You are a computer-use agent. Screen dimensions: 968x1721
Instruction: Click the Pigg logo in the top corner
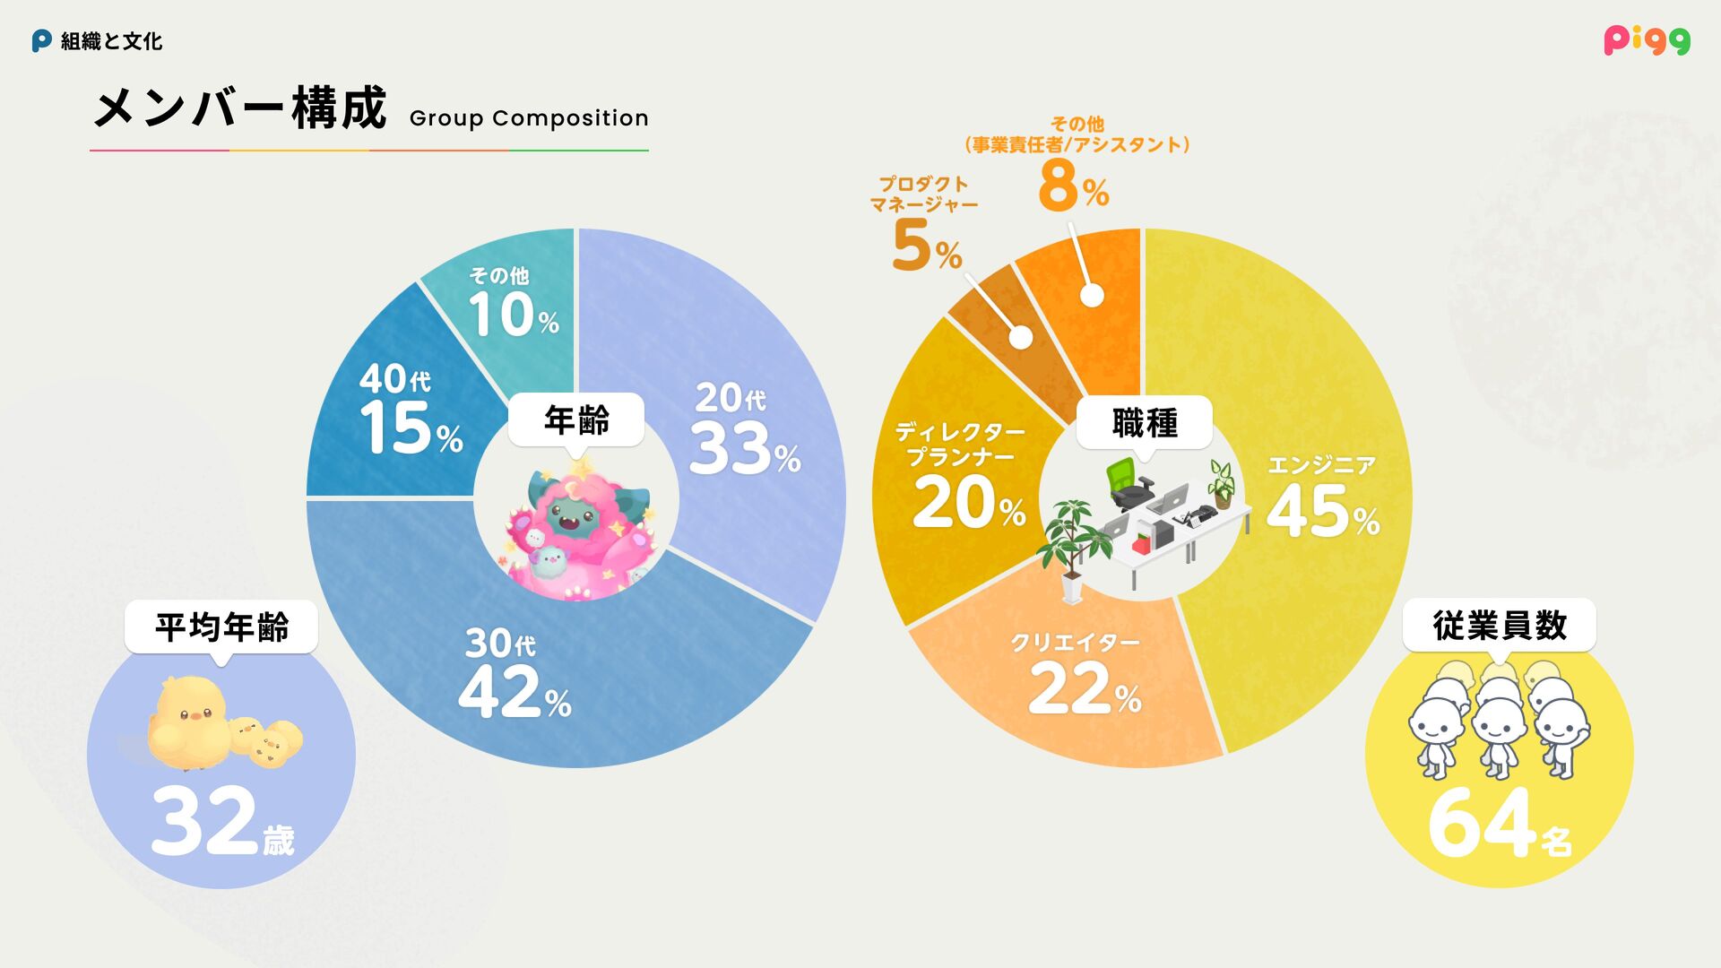click(1647, 40)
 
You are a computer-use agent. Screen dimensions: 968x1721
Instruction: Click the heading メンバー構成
click(240, 108)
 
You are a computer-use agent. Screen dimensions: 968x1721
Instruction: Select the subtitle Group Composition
click(529, 118)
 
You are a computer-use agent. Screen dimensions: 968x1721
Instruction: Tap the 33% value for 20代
click(744, 449)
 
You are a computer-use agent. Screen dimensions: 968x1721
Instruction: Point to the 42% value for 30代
click(514, 693)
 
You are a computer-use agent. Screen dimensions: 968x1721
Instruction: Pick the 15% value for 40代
click(411, 429)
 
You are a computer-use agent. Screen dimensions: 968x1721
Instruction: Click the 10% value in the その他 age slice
click(513, 315)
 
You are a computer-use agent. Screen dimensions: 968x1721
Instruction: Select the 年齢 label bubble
click(576, 419)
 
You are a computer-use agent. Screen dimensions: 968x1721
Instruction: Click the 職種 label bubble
click(1145, 423)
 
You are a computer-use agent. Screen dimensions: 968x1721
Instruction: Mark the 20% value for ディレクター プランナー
click(968, 503)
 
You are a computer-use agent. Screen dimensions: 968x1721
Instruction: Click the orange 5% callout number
click(926, 246)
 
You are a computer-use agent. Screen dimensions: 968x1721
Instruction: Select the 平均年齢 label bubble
click(221, 627)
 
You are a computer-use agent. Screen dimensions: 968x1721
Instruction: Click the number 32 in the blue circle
click(205, 821)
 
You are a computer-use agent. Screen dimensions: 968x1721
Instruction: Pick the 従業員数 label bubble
click(1500, 625)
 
